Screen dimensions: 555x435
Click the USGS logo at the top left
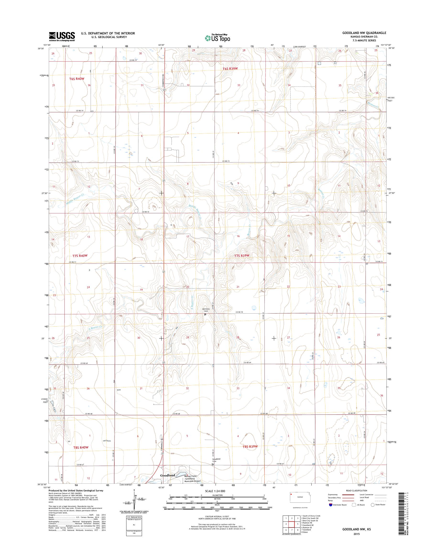coord(62,36)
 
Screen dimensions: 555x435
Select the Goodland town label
coord(167,475)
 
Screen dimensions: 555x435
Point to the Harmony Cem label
coord(206,310)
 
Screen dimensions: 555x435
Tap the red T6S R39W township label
coord(230,69)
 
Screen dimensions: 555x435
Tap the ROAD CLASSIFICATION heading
coord(356,490)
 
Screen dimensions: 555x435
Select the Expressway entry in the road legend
coord(333,494)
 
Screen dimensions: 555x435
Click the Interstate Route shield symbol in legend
coord(331,505)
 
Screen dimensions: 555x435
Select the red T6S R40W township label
coord(76,79)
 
